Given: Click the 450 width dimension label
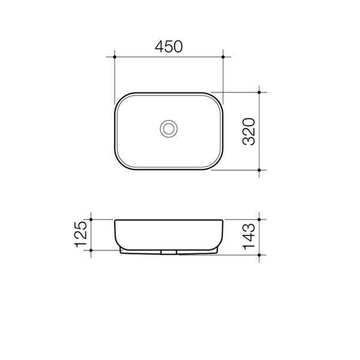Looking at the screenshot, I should click(169, 47).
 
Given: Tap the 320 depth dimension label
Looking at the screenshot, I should click(249, 131).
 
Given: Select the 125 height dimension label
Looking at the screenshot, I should click(81, 234).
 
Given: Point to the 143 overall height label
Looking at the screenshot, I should click(249, 237).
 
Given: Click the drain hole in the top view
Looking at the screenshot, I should click(169, 129).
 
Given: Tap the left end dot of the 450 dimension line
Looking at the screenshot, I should click(115, 57).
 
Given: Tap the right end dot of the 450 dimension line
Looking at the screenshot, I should click(223, 57).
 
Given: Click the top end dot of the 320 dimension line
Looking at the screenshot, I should click(259, 92).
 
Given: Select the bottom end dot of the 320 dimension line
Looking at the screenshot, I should click(259, 170).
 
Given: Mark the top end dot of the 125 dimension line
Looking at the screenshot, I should click(91, 219).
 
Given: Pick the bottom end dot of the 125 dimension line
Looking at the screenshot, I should click(91, 250).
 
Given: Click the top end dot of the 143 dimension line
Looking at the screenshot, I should click(259, 219).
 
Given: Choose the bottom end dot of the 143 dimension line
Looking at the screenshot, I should click(259, 255).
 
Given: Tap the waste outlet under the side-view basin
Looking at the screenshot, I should click(169, 252).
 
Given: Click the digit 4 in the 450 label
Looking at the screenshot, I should click(160, 47).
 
